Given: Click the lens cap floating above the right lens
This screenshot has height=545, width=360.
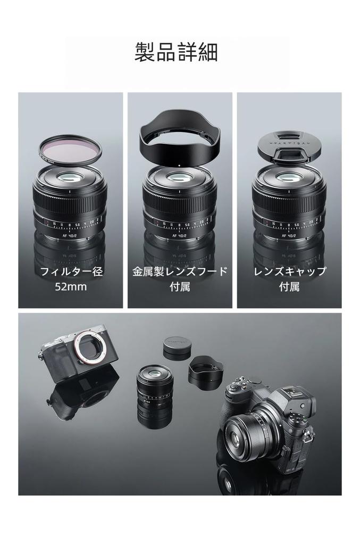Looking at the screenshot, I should click(289, 144).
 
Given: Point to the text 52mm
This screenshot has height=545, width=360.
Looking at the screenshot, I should click(70, 287).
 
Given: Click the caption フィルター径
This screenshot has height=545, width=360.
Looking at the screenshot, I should click(71, 271).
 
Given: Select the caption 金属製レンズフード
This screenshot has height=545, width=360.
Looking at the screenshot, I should click(180, 271).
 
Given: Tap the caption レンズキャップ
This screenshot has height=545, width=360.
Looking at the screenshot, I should click(289, 271).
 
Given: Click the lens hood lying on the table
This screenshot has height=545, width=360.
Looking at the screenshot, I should click(206, 371).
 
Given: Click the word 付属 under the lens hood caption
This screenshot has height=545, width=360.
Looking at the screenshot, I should click(180, 287).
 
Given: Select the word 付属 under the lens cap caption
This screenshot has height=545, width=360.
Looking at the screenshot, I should click(289, 287).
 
